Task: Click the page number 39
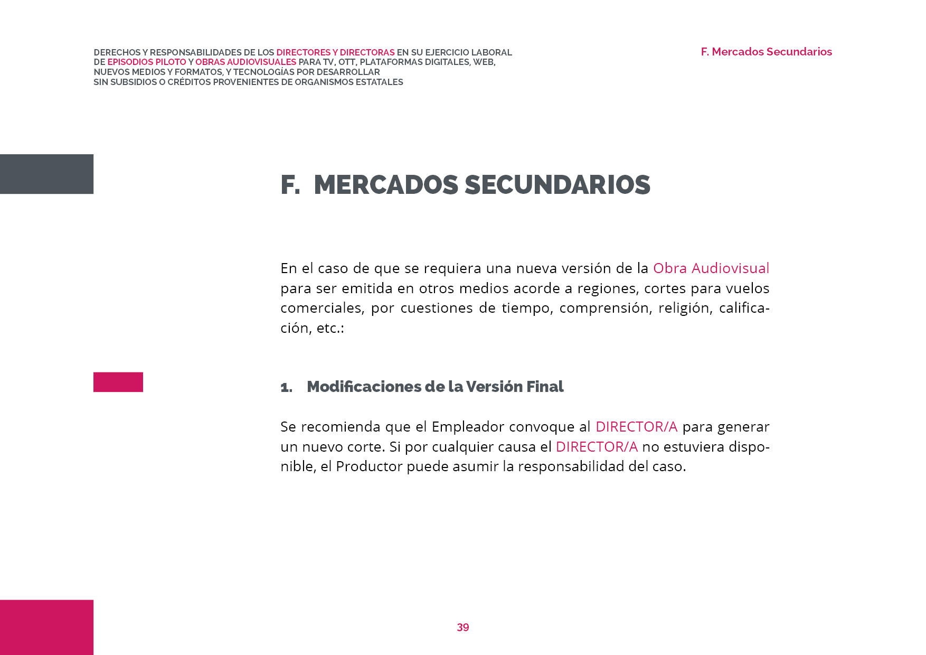pos(462,627)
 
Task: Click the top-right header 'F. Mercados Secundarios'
pos(766,52)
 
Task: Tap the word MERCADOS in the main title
pos(386,185)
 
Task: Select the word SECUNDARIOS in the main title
pos(557,185)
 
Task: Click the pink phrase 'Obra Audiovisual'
pos(711,268)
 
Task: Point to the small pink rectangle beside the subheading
pos(118,382)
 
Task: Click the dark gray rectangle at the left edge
pos(46,174)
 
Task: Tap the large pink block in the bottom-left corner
pos(46,627)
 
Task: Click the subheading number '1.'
pos(286,387)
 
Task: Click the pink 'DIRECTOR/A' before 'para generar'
pos(636,427)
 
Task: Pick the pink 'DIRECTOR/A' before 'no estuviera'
pos(597,447)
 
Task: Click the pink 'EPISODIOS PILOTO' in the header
pos(147,62)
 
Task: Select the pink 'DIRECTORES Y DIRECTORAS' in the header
pos(335,53)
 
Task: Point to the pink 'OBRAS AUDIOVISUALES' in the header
pos(245,62)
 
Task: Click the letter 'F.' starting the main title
pos(290,185)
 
